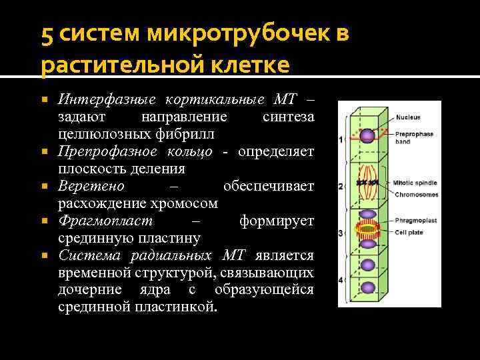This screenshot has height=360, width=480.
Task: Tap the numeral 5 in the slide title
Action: tap(47, 35)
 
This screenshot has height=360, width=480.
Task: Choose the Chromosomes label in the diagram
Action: tap(416, 195)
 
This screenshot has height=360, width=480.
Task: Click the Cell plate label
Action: tap(408, 231)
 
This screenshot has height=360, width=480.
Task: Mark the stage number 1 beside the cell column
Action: tap(341, 139)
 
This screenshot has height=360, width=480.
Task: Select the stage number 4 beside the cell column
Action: tap(341, 280)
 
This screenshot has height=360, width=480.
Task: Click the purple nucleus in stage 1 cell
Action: tap(367, 137)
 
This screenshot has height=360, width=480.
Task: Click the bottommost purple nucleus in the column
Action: tap(367, 288)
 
